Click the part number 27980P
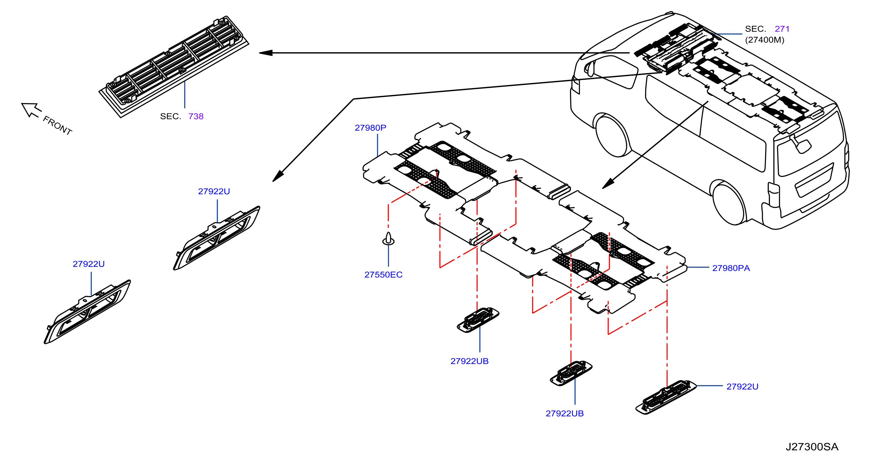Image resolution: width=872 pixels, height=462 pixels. click(x=370, y=128)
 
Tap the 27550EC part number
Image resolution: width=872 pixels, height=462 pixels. click(x=383, y=275)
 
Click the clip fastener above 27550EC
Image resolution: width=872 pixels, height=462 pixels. click(x=388, y=238)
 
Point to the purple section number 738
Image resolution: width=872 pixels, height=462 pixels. click(x=196, y=116)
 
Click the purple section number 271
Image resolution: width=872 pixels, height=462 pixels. click(x=782, y=29)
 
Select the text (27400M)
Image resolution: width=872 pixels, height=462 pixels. click(x=764, y=40)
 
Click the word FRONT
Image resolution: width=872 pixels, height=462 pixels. click(x=58, y=125)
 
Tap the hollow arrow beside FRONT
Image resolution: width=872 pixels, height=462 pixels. click(x=31, y=110)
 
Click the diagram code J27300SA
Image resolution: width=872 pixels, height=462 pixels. click(x=812, y=447)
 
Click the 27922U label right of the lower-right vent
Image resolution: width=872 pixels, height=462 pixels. click(x=742, y=387)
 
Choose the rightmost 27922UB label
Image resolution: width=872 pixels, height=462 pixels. click(x=564, y=414)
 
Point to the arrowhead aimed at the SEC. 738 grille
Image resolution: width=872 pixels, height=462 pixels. click(x=266, y=53)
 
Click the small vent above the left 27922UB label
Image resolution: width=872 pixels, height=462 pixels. click(x=478, y=320)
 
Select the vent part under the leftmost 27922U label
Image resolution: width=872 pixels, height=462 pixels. click(x=87, y=312)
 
